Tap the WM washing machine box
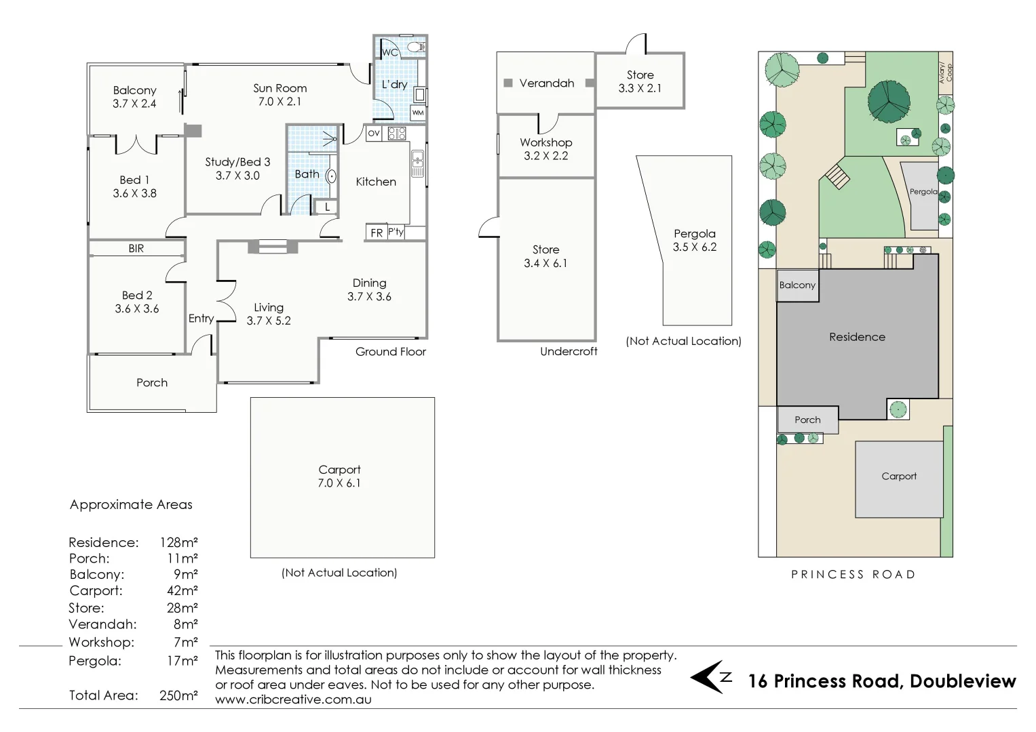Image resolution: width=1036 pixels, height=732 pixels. (x=418, y=113)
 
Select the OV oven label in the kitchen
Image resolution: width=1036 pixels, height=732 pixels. (x=374, y=133)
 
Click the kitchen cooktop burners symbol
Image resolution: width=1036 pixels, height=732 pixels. (x=397, y=133)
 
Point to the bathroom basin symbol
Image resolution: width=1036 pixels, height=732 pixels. (x=331, y=177)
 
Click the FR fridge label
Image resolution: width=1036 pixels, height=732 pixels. (x=377, y=232)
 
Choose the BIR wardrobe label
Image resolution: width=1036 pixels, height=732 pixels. (x=136, y=249)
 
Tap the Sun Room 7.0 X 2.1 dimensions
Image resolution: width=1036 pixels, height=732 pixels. (x=280, y=102)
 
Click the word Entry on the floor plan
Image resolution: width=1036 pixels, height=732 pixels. (x=202, y=319)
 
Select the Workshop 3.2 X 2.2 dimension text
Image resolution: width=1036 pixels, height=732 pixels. (x=546, y=156)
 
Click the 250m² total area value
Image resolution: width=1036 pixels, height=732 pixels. (x=178, y=695)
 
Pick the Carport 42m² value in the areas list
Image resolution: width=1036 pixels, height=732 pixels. (x=183, y=590)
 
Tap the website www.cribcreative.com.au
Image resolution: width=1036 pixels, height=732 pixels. (x=293, y=699)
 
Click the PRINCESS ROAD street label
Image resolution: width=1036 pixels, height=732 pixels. (x=853, y=574)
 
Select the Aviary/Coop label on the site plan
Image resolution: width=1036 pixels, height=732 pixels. (x=945, y=73)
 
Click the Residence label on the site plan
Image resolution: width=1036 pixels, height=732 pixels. (x=857, y=337)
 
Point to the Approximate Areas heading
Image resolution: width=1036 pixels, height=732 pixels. (x=131, y=504)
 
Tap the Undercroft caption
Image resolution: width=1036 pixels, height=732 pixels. (x=569, y=351)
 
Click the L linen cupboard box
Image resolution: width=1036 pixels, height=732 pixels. (x=327, y=207)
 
